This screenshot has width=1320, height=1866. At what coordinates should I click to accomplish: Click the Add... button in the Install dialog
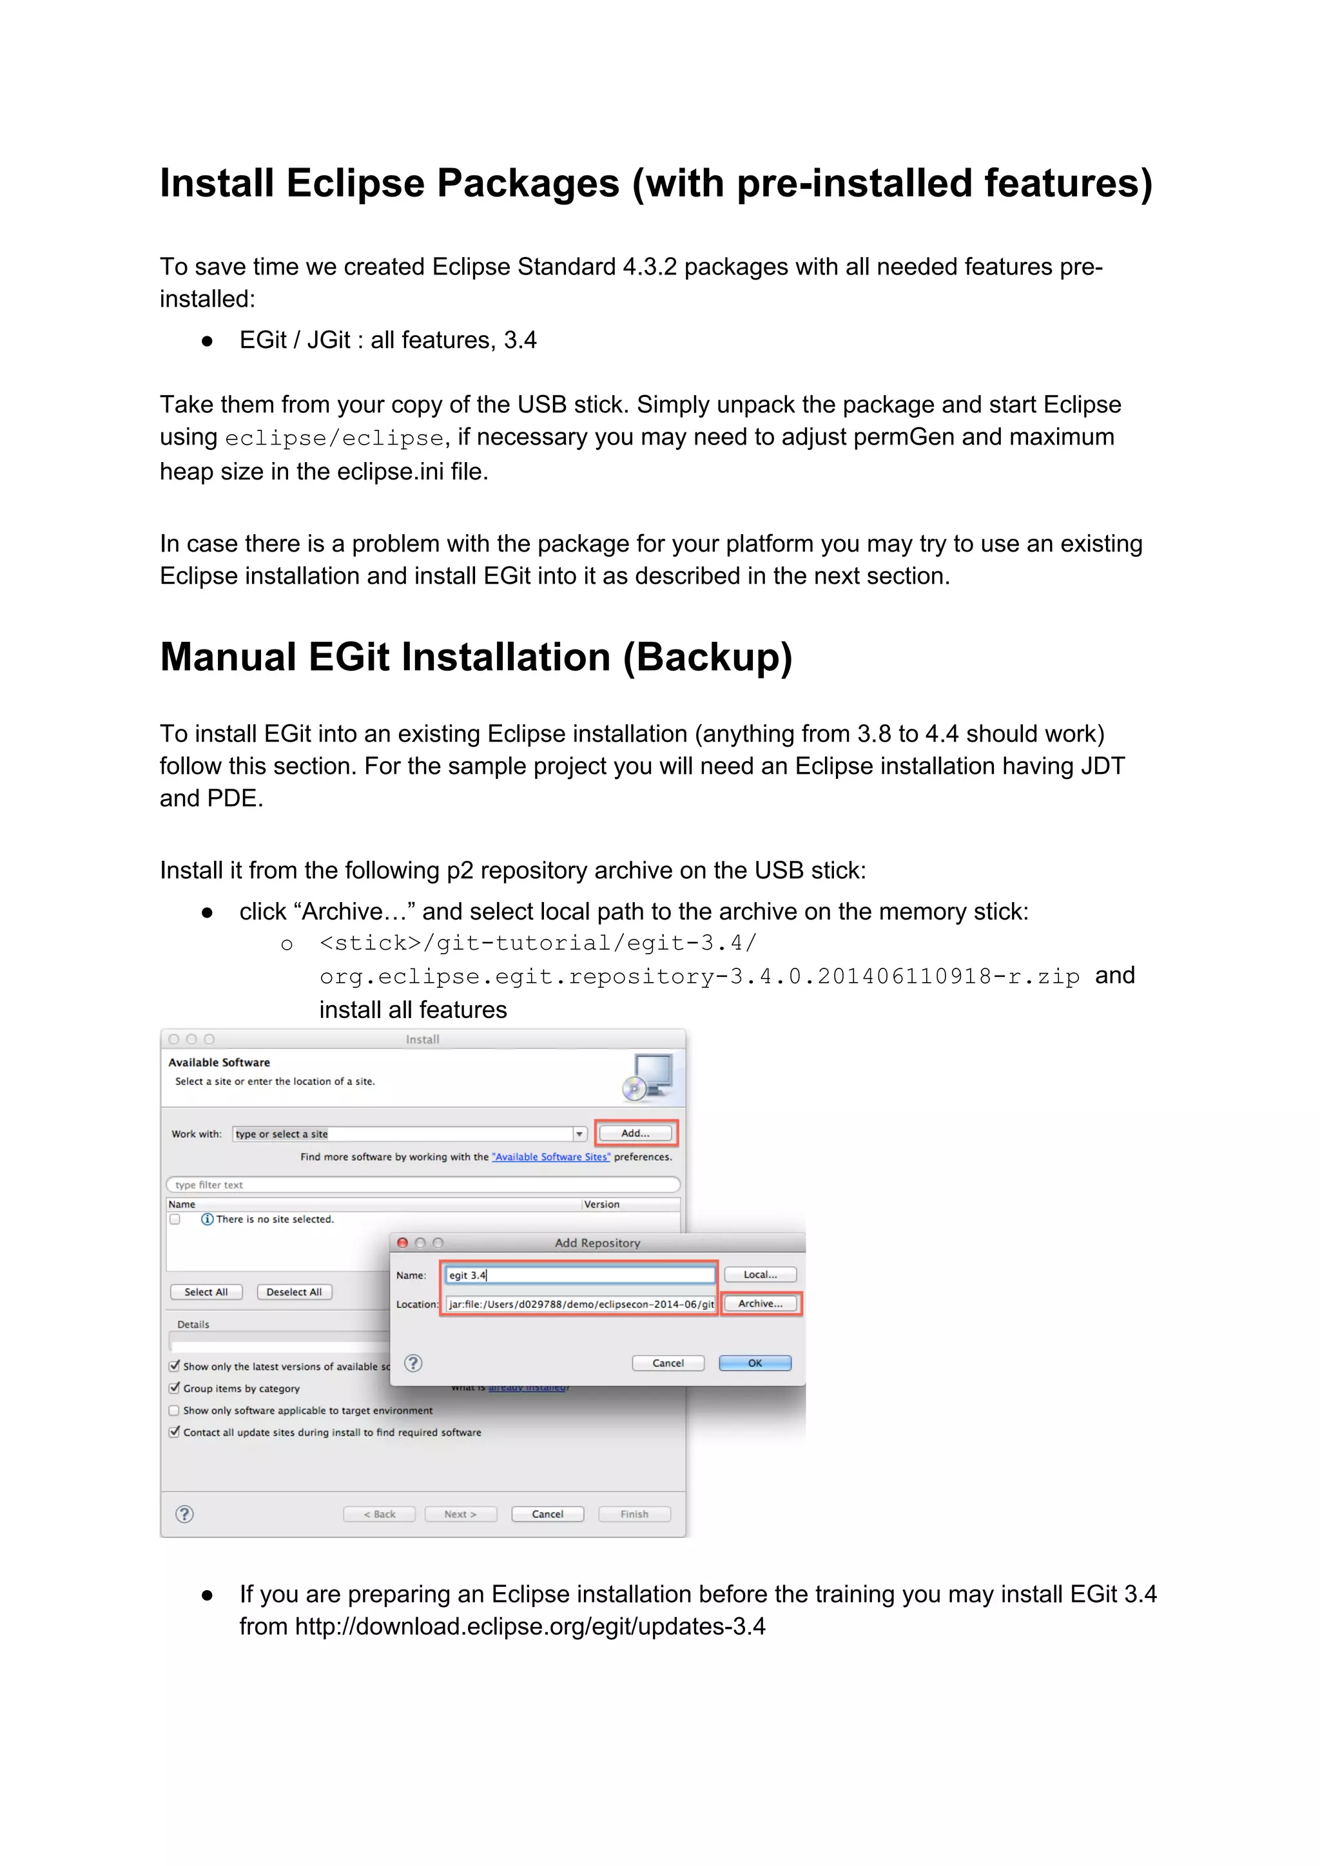[x=635, y=1133]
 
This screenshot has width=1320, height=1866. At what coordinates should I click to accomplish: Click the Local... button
[x=759, y=1274]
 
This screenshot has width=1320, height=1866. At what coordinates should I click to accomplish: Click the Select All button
[x=206, y=1291]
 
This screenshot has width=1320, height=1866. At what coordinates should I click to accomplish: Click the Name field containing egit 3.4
[x=579, y=1275]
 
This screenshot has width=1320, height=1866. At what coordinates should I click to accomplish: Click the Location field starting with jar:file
[x=579, y=1303]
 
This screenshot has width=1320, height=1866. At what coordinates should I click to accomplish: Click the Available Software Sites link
[x=550, y=1157]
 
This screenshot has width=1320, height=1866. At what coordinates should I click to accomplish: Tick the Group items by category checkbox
[x=174, y=1388]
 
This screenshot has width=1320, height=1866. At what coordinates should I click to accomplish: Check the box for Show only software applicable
[x=174, y=1410]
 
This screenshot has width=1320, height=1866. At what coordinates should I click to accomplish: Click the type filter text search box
[x=423, y=1184]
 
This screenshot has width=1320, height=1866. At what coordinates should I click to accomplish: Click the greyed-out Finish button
[x=634, y=1514]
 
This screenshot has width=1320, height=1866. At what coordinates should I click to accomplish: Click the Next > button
[x=460, y=1514]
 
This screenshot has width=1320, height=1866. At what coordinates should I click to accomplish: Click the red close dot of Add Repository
[x=402, y=1243]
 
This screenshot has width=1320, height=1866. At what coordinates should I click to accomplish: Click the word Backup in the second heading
[x=706, y=657]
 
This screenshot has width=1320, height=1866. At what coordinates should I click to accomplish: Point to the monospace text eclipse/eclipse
[x=334, y=438]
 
